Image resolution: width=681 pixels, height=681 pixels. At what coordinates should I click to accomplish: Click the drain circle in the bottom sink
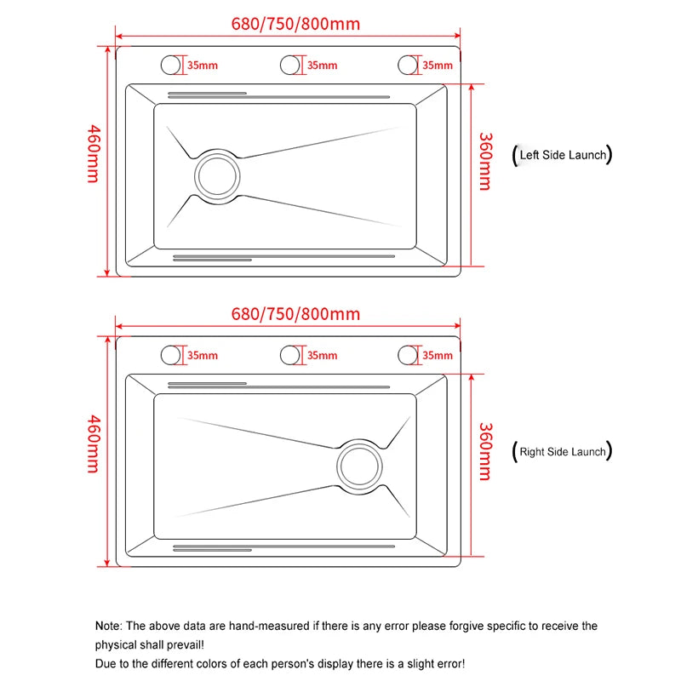359,466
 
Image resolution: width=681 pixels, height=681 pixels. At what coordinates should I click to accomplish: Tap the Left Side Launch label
563,155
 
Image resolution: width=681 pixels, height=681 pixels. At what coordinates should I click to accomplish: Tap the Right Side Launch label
563,452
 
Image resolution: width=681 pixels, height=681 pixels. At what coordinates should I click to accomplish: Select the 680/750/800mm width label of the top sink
295,24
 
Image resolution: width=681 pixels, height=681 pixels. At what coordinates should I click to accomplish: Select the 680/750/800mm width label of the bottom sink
295,314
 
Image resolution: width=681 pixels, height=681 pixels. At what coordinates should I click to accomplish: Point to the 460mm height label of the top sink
93,153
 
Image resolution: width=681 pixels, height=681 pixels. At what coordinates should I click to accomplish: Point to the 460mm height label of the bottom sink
93,444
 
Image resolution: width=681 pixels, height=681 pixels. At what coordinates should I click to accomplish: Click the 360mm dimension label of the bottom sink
484,451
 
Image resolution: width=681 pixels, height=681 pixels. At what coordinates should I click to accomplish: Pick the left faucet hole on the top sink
171,65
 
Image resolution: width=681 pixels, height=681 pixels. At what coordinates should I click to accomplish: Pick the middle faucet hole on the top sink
291,65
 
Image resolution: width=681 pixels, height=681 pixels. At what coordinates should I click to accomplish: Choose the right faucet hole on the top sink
409,65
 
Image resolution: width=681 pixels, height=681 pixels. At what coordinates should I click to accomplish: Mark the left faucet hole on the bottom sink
171,355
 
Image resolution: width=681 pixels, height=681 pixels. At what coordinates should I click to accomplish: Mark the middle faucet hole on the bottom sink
291,355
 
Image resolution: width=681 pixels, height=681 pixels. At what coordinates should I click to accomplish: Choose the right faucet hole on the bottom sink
409,355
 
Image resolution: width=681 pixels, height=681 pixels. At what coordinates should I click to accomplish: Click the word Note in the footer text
108,627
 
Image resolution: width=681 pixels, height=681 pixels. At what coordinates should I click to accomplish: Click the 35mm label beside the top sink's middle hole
322,66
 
